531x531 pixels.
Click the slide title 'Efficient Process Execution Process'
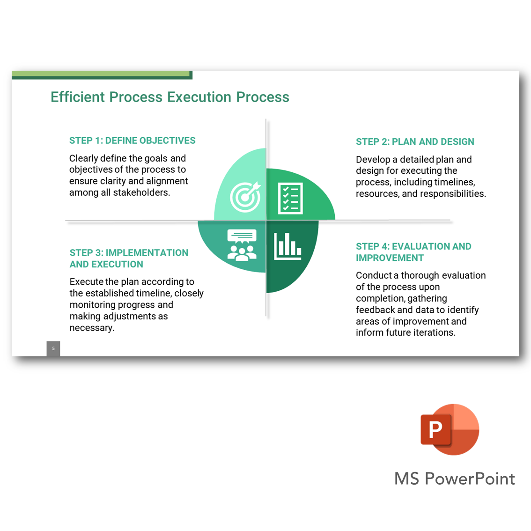170,97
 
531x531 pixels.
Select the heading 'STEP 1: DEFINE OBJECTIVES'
132,140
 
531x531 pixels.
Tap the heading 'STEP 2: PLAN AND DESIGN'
414,142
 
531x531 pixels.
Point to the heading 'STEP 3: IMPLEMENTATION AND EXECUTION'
129,258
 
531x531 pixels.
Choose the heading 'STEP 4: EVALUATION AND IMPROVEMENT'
413,252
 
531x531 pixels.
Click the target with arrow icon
245,196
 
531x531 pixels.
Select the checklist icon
290,198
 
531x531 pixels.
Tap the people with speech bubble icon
242,245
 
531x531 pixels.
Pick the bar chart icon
288,246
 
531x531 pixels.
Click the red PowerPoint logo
449,429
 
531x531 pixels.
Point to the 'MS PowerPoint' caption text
454,479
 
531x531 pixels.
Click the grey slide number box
53,348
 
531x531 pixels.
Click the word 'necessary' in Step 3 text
92,328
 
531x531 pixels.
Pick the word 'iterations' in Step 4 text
433,332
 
